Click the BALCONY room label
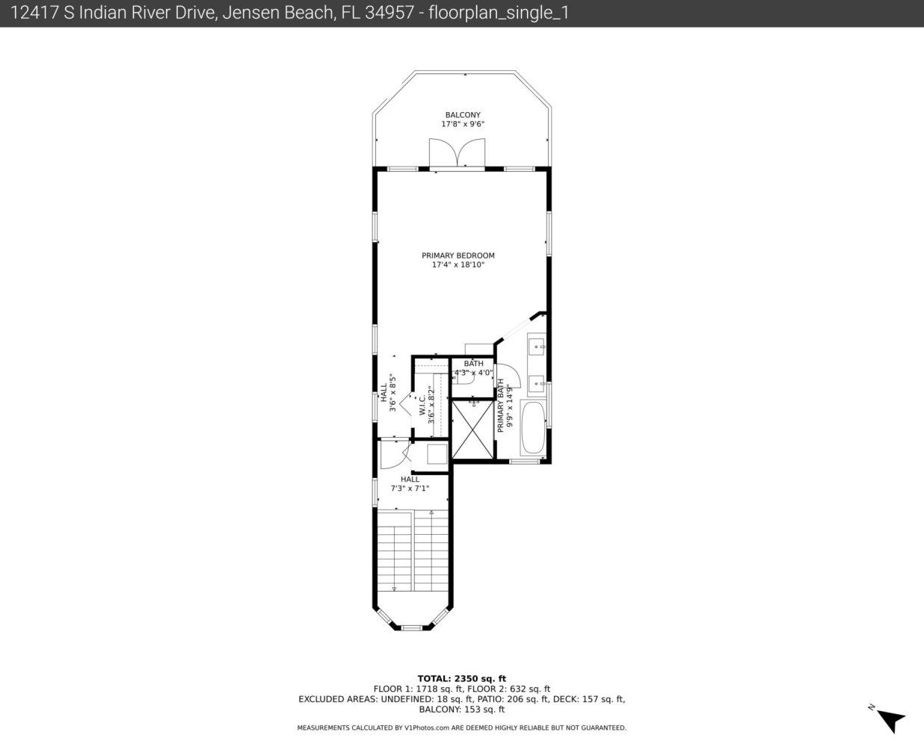[x=463, y=115]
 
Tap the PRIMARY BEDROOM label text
[x=458, y=255]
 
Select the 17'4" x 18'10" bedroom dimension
[x=458, y=264]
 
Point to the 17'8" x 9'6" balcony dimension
[x=463, y=124]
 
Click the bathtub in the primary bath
[x=533, y=427]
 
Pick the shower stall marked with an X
[x=473, y=430]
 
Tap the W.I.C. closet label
[x=422, y=405]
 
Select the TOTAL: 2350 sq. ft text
[x=461, y=678]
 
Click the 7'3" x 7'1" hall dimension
[x=410, y=489]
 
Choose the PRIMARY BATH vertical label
[x=500, y=406]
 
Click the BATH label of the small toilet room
[x=473, y=363]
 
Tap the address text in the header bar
[x=289, y=13]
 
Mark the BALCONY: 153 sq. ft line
[x=461, y=710]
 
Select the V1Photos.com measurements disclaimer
[x=461, y=728]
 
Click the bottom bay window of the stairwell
[x=411, y=627]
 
